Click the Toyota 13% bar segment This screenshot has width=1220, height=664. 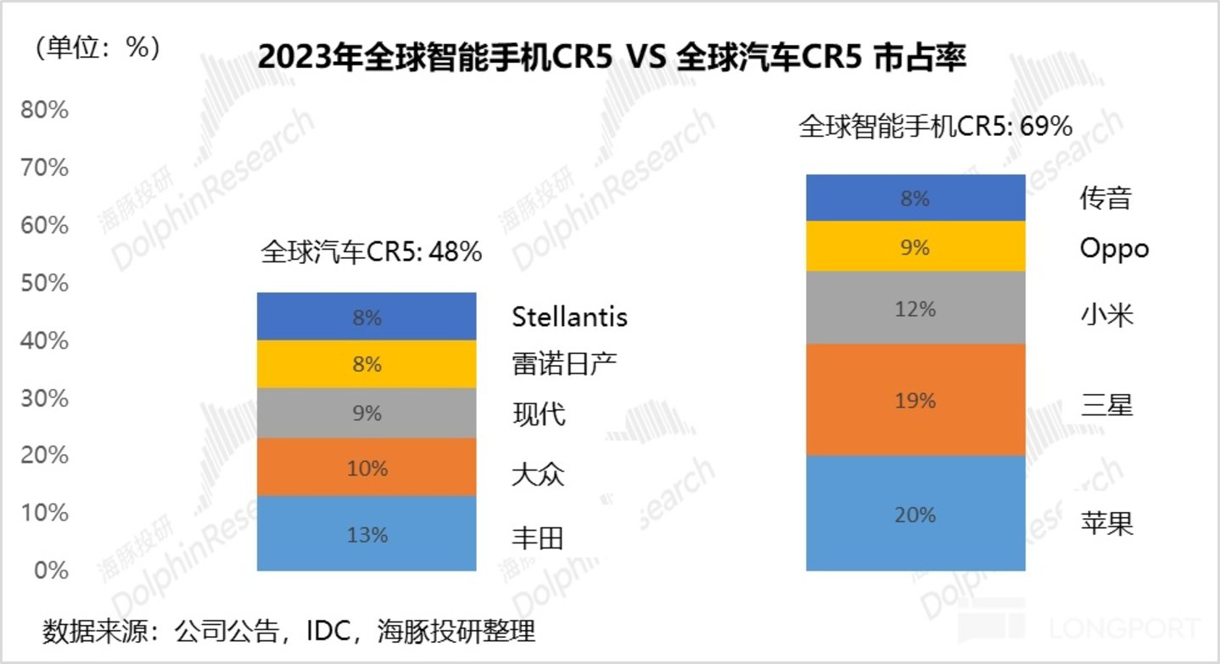coord(367,533)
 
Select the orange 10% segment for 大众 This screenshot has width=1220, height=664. coord(367,467)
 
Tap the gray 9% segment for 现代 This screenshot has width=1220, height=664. coord(367,414)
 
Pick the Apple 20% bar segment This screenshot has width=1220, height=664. coord(916,514)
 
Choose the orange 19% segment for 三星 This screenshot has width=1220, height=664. coord(916,400)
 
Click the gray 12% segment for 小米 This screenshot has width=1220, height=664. coord(916,308)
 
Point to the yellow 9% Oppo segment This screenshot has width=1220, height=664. coord(916,247)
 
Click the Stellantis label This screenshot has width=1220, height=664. coord(569,318)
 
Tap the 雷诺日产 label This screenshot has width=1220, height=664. coord(564,364)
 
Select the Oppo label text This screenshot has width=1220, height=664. coord(1114,248)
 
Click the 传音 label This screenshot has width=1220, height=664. coord(1105,199)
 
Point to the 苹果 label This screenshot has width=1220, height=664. coord(1106,521)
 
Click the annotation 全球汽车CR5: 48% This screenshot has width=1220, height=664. coord(372,252)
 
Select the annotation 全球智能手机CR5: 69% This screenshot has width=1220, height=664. coord(936,127)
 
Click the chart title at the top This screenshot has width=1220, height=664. coord(611,58)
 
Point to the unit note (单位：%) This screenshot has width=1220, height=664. coord(98,48)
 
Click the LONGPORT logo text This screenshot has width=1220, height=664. coord(1124,629)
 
